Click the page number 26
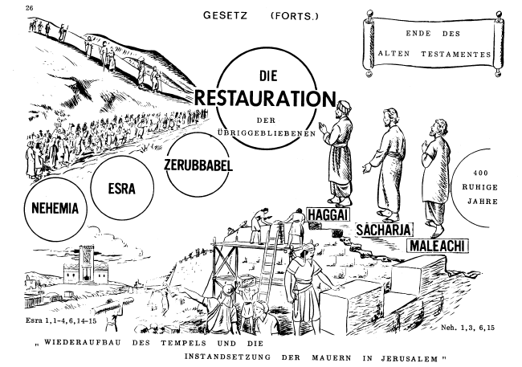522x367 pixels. point(7,7)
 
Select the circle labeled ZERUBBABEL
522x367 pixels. point(198,165)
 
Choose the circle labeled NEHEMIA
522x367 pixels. point(55,206)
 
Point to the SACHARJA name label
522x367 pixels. point(381,229)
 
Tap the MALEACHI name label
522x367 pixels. point(438,245)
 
